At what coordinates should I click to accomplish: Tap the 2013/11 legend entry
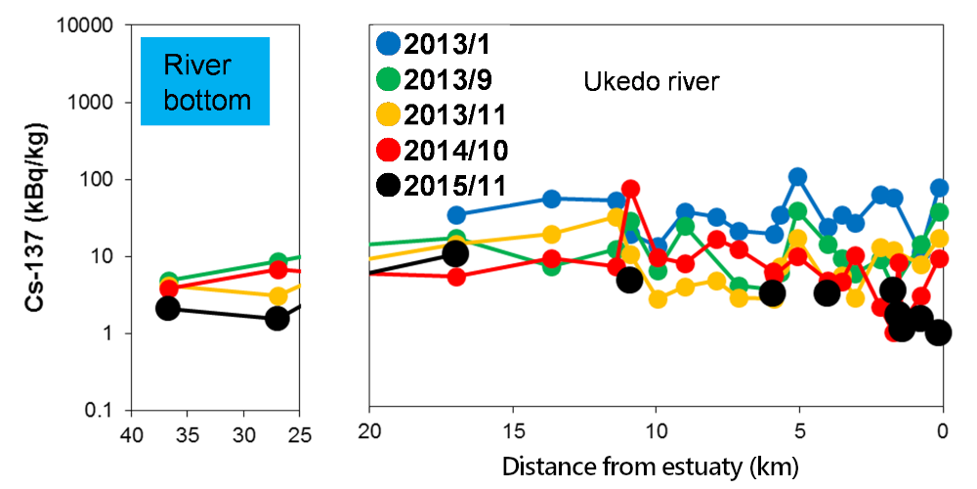click(440, 115)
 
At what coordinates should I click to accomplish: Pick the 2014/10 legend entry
click(440, 150)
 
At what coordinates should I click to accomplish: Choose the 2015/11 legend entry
click(440, 185)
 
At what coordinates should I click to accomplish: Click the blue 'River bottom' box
click(204, 82)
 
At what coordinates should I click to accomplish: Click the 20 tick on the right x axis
click(369, 431)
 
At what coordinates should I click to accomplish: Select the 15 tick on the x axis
click(512, 431)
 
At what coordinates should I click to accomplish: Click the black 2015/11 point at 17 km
click(455, 254)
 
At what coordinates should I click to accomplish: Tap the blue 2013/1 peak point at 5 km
click(798, 177)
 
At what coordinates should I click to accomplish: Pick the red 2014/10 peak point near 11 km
click(631, 189)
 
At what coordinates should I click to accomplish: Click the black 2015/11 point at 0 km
click(940, 333)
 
